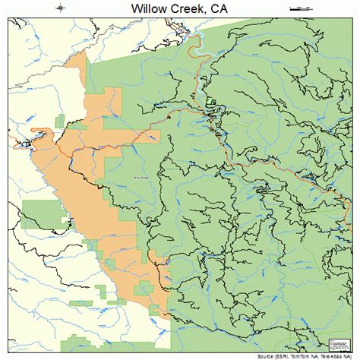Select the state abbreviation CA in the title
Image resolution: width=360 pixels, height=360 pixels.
click(232, 8)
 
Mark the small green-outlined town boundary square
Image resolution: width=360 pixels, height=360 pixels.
click(210, 102)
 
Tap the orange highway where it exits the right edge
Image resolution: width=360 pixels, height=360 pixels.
click(355, 200)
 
